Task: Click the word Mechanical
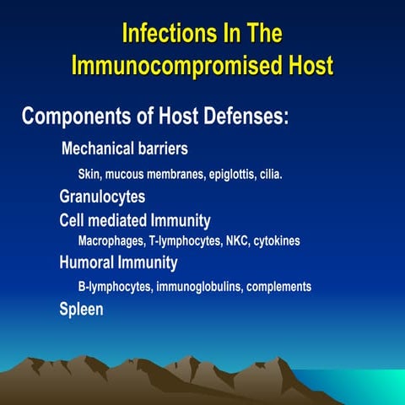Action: (100, 149)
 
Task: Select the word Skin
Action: (89, 175)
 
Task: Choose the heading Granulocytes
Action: (102, 197)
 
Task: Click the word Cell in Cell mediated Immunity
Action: (73, 220)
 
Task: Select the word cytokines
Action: (276, 240)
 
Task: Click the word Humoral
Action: (85, 263)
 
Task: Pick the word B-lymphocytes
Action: (115, 287)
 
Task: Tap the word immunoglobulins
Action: (199, 287)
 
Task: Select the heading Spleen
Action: (81, 310)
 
